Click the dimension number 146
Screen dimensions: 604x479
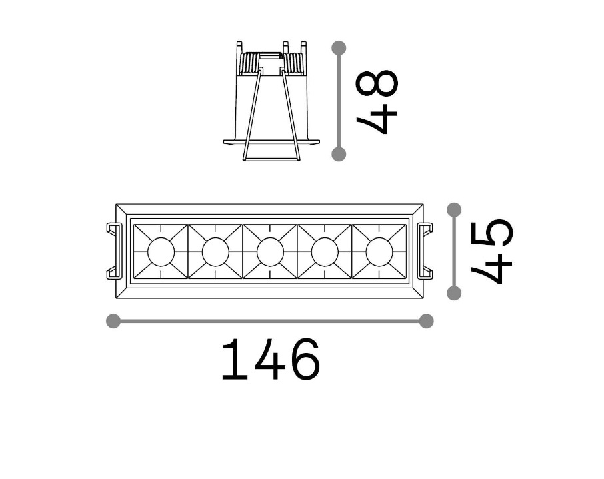[x=271, y=359]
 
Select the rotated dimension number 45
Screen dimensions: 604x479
[x=492, y=251]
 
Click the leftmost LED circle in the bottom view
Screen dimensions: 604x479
[x=161, y=252]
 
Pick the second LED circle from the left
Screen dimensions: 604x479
[x=216, y=252]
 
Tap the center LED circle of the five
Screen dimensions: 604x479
[x=271, y=252]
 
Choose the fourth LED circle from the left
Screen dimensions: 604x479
[x=325, y=252]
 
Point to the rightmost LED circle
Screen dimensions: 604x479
[x=379, y=252]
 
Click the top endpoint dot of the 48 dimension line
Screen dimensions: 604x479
[x=339, y=48]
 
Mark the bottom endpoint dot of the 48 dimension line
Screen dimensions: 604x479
[x=339, y=154]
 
